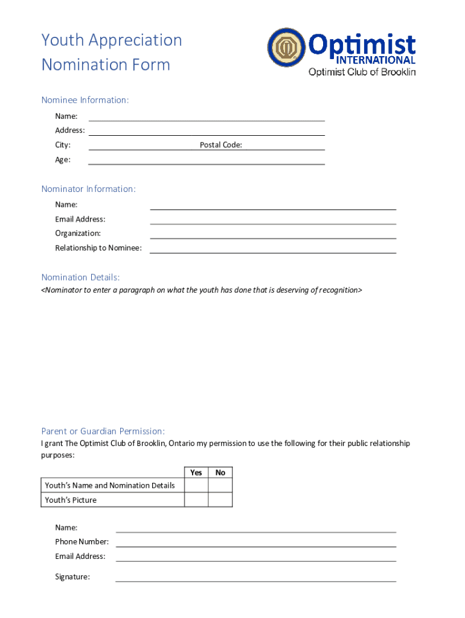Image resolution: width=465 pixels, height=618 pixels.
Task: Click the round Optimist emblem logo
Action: (287, 48)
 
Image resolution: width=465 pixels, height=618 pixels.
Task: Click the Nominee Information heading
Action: (85, 100)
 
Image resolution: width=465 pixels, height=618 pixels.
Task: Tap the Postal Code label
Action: (221, 145)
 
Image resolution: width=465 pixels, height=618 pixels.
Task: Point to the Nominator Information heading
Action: (89, 190)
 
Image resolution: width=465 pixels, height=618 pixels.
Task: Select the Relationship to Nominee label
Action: (98, 248)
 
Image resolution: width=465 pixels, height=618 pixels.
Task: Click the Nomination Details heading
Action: (80, 278)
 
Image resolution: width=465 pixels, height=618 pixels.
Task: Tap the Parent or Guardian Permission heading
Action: (103, 431)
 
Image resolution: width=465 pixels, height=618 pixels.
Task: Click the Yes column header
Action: (196, 473)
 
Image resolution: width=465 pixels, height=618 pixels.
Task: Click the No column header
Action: (220, 473)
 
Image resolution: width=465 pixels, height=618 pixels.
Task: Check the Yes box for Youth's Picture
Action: (196, 500)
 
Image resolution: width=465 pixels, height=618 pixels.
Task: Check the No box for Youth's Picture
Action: (220, 500)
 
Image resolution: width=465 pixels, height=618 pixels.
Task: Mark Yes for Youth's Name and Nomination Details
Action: (196, 485)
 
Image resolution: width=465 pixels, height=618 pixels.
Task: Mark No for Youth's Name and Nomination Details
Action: (220, 485)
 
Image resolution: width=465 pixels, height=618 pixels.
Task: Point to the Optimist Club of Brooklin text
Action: (362, 72)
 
